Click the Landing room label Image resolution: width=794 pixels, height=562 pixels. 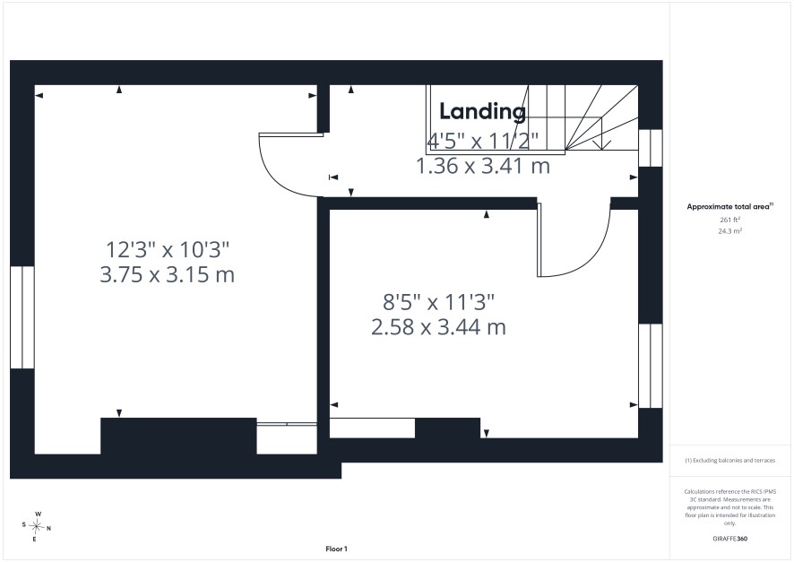tap(482, 112)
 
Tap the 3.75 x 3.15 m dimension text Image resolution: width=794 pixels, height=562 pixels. tap(167, 275)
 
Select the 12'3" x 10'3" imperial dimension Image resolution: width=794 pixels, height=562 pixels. tap(167, 249)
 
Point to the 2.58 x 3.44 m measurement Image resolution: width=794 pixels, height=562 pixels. tap(438, 327)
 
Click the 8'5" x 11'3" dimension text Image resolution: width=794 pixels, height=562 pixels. tap(438, 302)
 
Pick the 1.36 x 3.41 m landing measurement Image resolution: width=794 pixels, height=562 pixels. tap(483, 166)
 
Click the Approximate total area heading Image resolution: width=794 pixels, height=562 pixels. tap(729, 206)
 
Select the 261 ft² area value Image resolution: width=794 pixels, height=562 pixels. tap(729, 220)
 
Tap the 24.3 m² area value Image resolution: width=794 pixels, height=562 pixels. tap(729, 231)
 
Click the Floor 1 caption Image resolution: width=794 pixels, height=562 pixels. tap(336, 549)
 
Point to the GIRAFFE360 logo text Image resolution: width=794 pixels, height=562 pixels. tap(729, 539)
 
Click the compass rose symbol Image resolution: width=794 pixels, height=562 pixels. tap(37, 526)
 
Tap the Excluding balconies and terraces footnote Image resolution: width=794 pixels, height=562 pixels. tap(729, 460)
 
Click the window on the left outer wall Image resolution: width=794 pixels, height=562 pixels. tap(22, 317)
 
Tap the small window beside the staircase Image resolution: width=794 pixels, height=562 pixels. tap(651, 148)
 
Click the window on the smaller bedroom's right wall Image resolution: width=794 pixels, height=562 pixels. tap(651, 366)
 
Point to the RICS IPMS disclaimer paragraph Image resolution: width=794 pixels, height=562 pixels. tap(729, 507)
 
